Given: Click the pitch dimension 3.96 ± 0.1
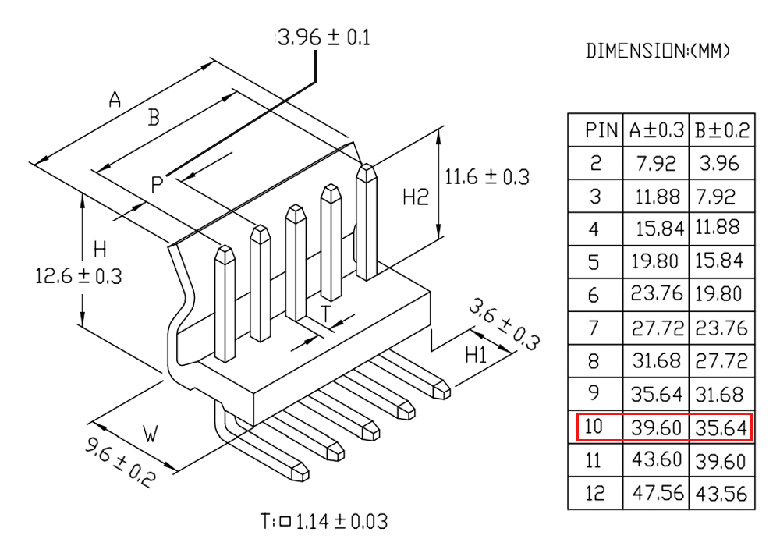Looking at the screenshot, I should pos(324,38).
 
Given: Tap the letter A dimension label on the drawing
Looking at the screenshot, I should pos(115,100).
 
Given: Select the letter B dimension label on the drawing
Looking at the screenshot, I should pos(154,118).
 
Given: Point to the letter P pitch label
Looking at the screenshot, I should pos(158,184).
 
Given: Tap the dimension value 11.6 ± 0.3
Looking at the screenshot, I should pos(487,177).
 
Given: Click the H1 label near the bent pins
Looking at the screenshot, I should pos(475,356).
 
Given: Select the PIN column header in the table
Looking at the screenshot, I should pos(602,131).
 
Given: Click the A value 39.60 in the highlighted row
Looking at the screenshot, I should pos(657,427).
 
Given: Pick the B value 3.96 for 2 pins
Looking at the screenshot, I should pos(721,164).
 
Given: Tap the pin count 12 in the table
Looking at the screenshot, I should pos(595,494).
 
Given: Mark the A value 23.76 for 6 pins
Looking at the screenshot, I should pos(657,296).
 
